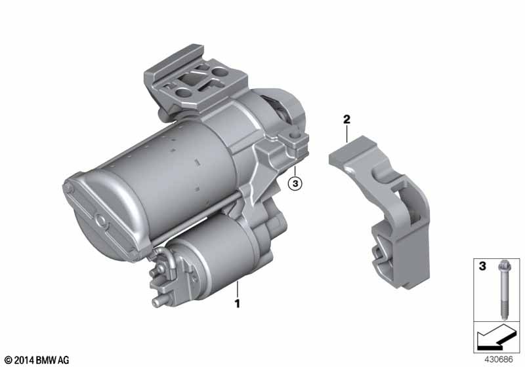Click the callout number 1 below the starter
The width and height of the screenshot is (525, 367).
(x=238, y=303)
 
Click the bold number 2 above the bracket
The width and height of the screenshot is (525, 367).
(x=346, y=119)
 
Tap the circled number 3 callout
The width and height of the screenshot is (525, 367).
(x=295, y=183)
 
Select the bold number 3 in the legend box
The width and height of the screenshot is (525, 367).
(x=482, y=266)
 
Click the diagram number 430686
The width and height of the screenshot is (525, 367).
(x=499, y=360)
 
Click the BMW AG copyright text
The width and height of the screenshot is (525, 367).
(x=37, y=360)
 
